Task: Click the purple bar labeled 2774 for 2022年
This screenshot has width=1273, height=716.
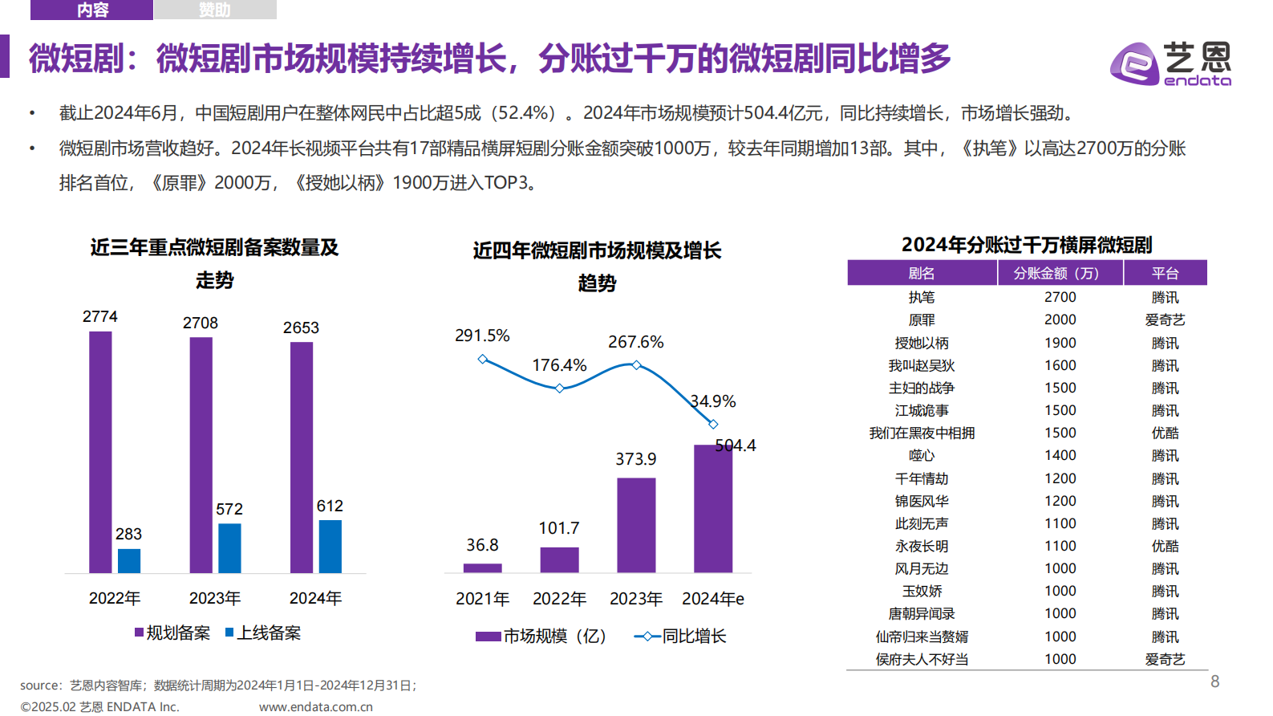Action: pyautogui.click(x=100, y=452)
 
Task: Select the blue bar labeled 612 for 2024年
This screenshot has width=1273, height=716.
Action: pyautogui.click(x=330, y=547)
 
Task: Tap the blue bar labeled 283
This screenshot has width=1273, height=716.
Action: pyautogui.click(x=129, y=561)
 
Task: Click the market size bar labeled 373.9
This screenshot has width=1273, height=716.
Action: pyautogui.click(x=636, y=525)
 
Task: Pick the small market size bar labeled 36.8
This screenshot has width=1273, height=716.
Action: pyautogui.click(x=482, y=568)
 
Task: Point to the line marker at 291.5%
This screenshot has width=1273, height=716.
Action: pyautogui.click(x=482, y=359)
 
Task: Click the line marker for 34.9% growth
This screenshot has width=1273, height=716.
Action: pyautogui.click(x=713, y=424)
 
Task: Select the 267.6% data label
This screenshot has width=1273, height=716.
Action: pyautogui.click(x=635, y=342)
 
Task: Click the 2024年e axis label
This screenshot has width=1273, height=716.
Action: pyautogui.click(x=712, y=599)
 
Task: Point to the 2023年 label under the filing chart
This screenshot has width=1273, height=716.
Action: pyautogui.click(x=215, y=598)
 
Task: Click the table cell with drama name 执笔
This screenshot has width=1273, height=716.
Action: pyautogui.click(x=921, y=297)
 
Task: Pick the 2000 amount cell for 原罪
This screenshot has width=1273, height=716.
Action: pyautogui.click(x=1060, y=319)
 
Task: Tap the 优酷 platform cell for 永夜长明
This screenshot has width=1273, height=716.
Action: pyautogui.click(x=1165, y=546)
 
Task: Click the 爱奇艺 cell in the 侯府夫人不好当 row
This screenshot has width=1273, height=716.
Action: pyautogui.click(x=1165, y=659)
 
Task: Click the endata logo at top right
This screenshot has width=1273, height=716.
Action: pyautogui.click(x=1170, y=63)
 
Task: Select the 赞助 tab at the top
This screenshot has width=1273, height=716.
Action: pyautogui.click(x=215, y=10)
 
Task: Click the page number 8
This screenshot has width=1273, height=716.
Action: pyautogui.click(x=1214, y=681)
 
